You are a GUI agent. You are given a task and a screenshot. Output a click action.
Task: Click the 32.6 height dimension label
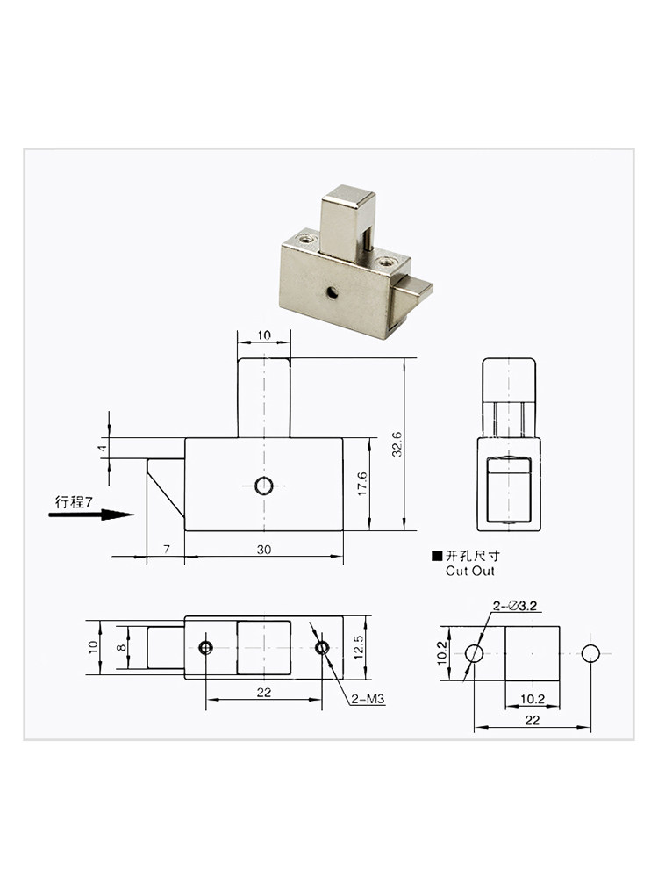(x=397, y=444)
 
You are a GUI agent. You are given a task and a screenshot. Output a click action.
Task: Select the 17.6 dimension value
(x=362, y=483)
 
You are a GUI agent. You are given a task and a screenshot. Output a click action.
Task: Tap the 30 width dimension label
(x=264, y=550)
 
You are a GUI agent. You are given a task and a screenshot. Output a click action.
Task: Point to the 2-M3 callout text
(x=368, y=699)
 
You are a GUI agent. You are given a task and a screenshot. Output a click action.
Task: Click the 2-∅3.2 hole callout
(x=515, y=605)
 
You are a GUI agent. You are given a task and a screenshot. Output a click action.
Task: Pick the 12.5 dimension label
(x=359, y=647)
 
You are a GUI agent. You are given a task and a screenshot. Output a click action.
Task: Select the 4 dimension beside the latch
(x=102, y=448)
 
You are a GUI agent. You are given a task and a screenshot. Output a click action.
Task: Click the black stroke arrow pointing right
(x=91, y=515)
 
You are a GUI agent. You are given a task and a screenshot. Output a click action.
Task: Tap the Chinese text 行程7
(x=74, y=501)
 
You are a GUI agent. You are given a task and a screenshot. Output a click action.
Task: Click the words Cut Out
(x=470, y=572)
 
